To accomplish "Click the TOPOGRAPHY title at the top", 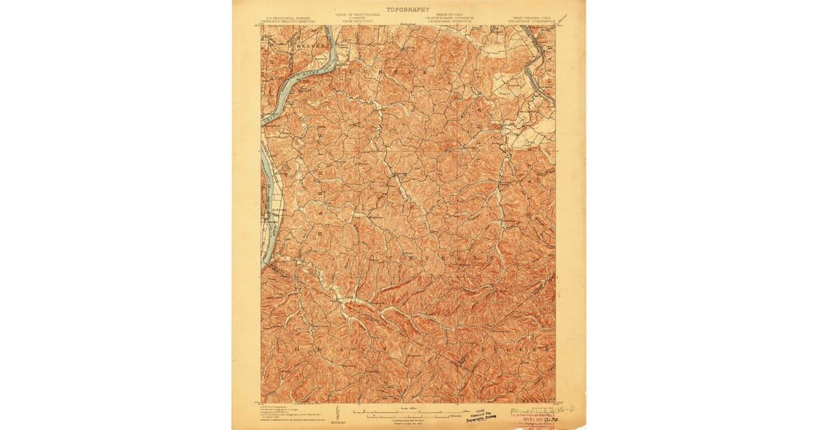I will (x=408, y=10).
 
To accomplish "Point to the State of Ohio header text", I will (x=450, y=15).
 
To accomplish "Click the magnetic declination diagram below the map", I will (x=337, y=412).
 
